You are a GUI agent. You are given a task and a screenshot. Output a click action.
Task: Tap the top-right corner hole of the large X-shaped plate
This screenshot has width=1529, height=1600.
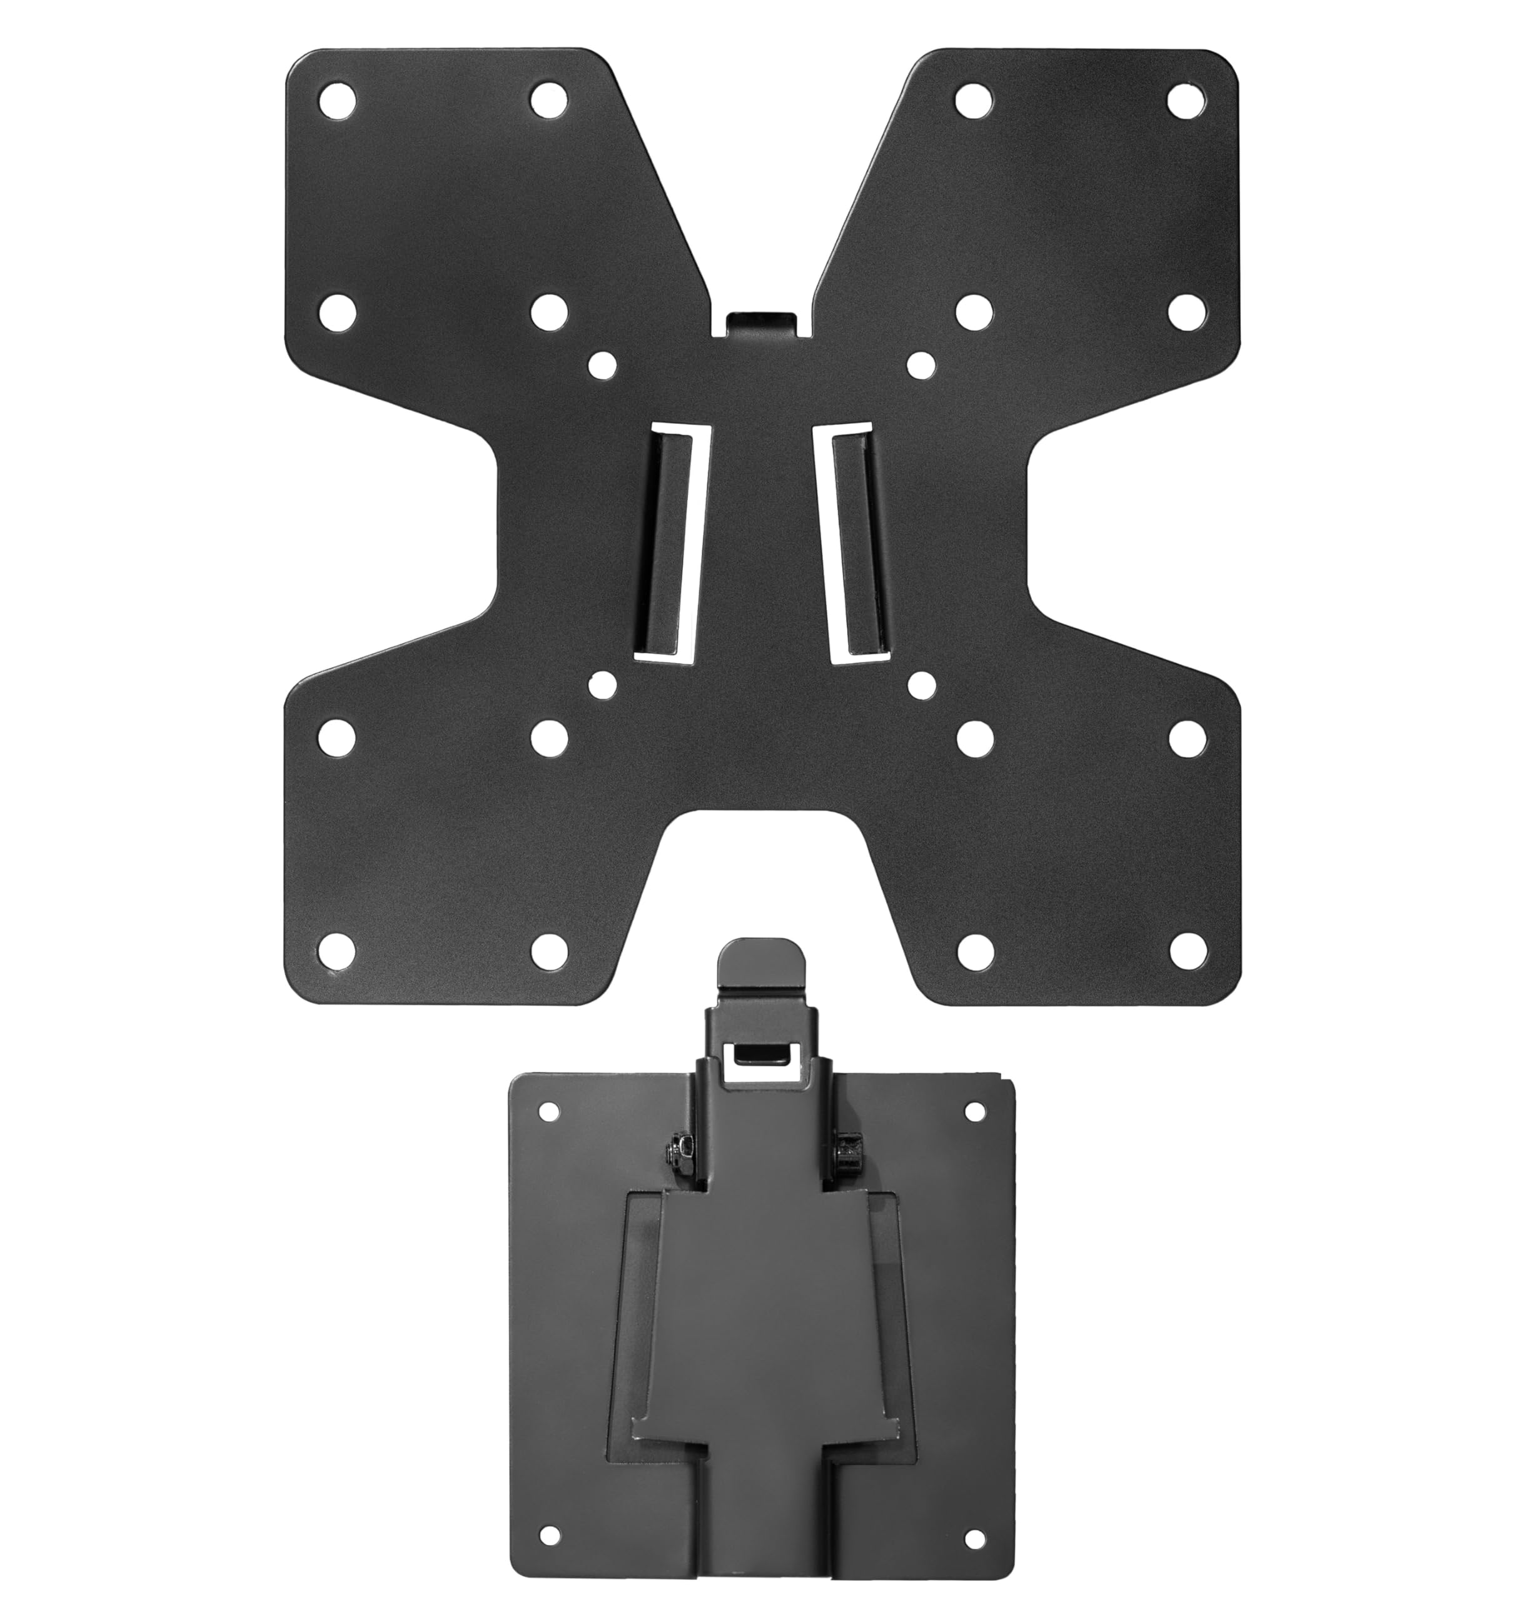(1187, 99)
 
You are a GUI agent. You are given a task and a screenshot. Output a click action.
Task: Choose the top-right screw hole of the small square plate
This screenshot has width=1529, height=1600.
(972, 1111)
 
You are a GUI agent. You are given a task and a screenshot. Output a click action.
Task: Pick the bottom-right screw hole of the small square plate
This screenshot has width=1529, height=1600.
(972, 1536)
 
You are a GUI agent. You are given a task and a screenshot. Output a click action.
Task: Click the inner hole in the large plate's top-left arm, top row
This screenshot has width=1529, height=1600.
(548, 99)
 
